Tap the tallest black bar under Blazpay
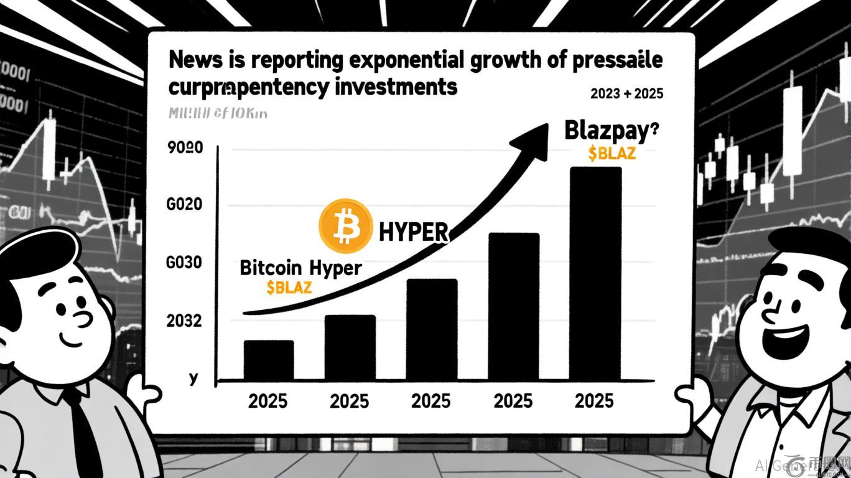595,274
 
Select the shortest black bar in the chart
268,360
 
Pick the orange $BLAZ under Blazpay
612,153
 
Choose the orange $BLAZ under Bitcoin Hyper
289,287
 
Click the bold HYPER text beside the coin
413,232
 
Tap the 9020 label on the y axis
185,149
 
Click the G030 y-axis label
184,263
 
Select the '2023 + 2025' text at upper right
626,94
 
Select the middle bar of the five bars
432,330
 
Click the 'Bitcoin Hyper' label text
300,268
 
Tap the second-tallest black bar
513,306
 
